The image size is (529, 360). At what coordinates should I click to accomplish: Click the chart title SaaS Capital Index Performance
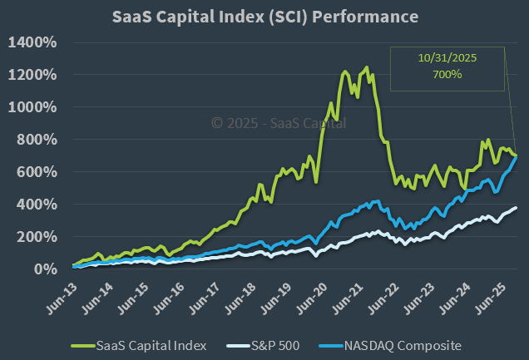click(265, 17)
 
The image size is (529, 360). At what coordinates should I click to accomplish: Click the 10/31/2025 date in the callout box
click(447, 59)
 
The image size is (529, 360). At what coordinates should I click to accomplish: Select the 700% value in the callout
click(447, 75)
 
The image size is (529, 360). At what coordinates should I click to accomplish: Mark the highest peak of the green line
click(366, 68)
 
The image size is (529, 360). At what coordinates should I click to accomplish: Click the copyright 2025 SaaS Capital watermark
click(279, 123)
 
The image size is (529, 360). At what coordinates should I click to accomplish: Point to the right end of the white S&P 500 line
click(517, 208)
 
